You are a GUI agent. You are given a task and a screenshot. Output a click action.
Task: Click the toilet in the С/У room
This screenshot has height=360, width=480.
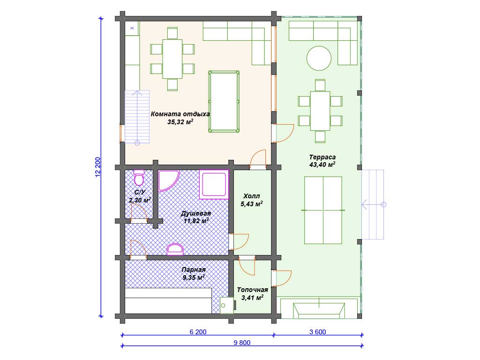click(x=139, y=178)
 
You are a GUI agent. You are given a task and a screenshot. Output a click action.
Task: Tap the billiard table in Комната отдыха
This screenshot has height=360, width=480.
click(x=224, y=102)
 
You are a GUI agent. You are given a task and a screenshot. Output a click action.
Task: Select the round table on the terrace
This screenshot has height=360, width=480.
click(x=319, y=58)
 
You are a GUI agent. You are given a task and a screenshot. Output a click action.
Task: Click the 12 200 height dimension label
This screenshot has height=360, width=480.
click(x=98, y=167)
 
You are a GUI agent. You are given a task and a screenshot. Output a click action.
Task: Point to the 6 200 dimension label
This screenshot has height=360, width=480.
click(x=198, y=332)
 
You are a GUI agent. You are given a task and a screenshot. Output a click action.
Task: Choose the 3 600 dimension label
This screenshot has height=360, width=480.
click(x=318, y=332)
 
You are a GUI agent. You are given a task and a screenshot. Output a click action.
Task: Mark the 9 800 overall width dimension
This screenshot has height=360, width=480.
click(x=242, y=343)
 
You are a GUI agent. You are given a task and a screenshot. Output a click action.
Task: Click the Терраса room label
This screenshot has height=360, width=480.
click(x=322, y=157)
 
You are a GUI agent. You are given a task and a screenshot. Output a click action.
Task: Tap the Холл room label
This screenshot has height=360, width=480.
click(x=252, y=196)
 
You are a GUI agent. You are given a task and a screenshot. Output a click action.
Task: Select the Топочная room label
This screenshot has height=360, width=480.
click(x=253, y=290)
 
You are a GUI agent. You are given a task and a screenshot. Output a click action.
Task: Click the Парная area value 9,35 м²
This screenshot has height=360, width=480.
click(x=194, y=277)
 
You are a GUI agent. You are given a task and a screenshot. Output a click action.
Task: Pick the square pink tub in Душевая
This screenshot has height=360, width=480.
click(x=214, y=184)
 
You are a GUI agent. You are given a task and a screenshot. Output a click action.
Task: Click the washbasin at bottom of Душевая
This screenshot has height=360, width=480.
click(x=175, y=249)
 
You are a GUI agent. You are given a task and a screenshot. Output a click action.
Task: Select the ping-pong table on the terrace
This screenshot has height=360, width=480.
click(x=323, y=210)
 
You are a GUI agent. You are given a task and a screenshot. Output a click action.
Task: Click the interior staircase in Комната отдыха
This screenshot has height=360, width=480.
click(x=137, y=117)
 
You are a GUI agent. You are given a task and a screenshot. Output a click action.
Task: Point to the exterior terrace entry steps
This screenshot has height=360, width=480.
click(x=373, y=204)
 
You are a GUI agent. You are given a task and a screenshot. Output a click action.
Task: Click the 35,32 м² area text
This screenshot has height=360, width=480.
click(x=180, y=122)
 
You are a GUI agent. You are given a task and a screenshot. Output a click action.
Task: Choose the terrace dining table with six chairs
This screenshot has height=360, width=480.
click(x=320, y=111)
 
